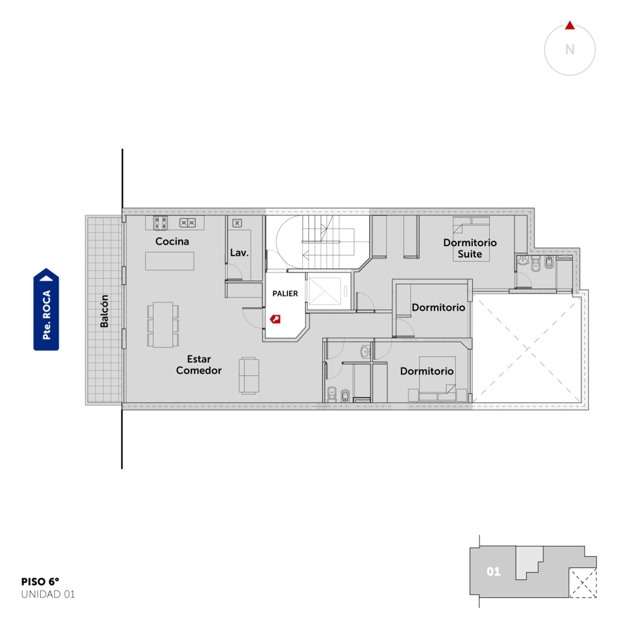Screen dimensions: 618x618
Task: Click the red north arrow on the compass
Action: tap(570, 25)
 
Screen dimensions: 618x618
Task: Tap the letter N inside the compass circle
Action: tap(570, 49)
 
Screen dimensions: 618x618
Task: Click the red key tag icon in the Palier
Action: tap(275, 319)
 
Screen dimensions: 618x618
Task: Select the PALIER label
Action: tap(285, 294)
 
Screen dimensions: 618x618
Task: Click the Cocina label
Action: tap(172, 241)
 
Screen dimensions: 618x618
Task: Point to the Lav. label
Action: tap(239, 253)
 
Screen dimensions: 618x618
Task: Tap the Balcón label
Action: tap(104, 311)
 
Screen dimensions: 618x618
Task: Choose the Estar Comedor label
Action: tap(199, 365)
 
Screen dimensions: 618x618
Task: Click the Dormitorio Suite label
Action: tap(470, 248)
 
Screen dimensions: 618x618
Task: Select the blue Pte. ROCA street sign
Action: tap(46, 309)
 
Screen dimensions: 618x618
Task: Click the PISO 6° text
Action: tap(40, 582)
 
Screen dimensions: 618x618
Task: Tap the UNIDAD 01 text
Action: tap(48, 594)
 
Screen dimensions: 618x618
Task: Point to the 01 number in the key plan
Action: tap(494, 572)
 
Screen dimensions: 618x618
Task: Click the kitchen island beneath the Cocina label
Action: tap(170, 261)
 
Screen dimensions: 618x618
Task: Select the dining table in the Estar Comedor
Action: tap(163, 324)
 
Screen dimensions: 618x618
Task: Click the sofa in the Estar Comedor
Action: tap(249, 375)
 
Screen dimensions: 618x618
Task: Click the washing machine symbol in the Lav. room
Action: tap(237, 223)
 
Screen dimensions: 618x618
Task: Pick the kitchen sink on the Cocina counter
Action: tap(187, 223)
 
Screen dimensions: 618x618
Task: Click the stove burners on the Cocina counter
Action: tap(160, 223)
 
